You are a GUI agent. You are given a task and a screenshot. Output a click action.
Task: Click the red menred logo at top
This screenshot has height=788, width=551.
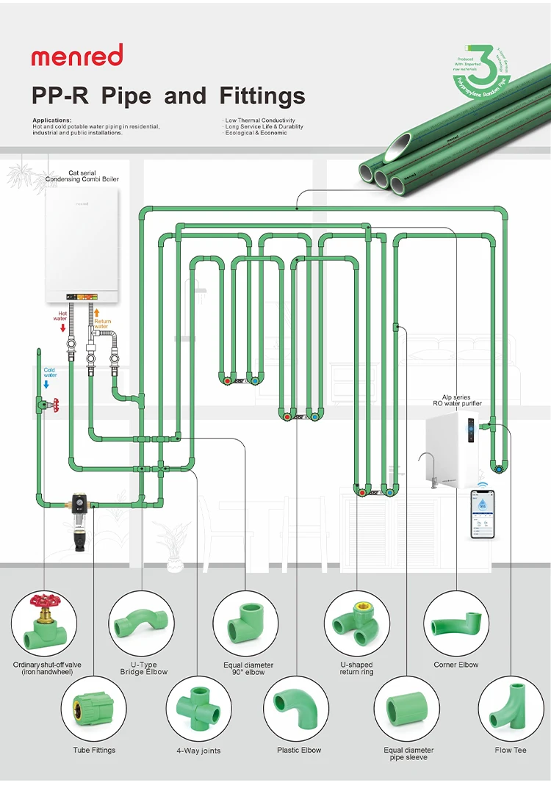(76, 56)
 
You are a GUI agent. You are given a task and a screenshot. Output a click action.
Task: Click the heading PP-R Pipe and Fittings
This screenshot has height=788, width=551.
(168, 96)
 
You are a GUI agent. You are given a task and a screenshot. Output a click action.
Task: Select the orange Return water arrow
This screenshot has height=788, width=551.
(96, 313)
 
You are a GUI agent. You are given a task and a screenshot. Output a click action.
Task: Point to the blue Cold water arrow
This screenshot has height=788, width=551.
(46, 384)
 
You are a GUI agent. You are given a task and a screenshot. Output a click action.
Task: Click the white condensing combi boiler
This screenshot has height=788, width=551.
(82, 245)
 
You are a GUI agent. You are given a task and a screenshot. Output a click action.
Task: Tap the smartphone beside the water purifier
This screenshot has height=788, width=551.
(483, 515)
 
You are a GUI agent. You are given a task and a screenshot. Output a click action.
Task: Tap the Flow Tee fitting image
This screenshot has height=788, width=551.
(511, 708)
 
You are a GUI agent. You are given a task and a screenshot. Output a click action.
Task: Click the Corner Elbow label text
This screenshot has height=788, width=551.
(455, 665)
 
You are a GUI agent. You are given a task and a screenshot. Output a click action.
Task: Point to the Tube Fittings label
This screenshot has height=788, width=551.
(94, 750)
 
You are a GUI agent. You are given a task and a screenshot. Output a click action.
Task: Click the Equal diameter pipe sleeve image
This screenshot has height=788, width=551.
(408, 708)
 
